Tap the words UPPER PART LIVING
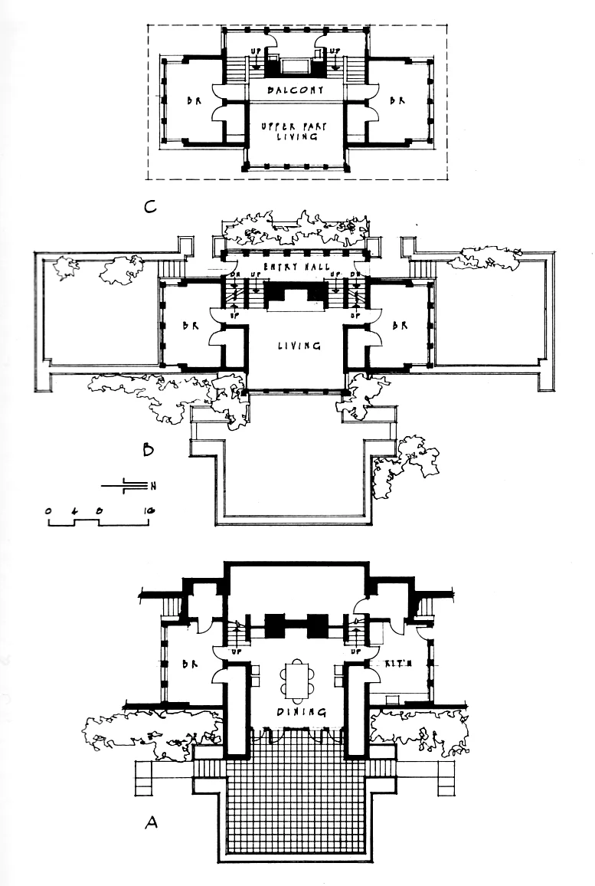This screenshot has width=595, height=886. click(298, 130)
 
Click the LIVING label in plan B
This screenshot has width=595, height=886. click(298, 346)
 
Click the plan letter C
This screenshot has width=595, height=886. click(152, 205)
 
